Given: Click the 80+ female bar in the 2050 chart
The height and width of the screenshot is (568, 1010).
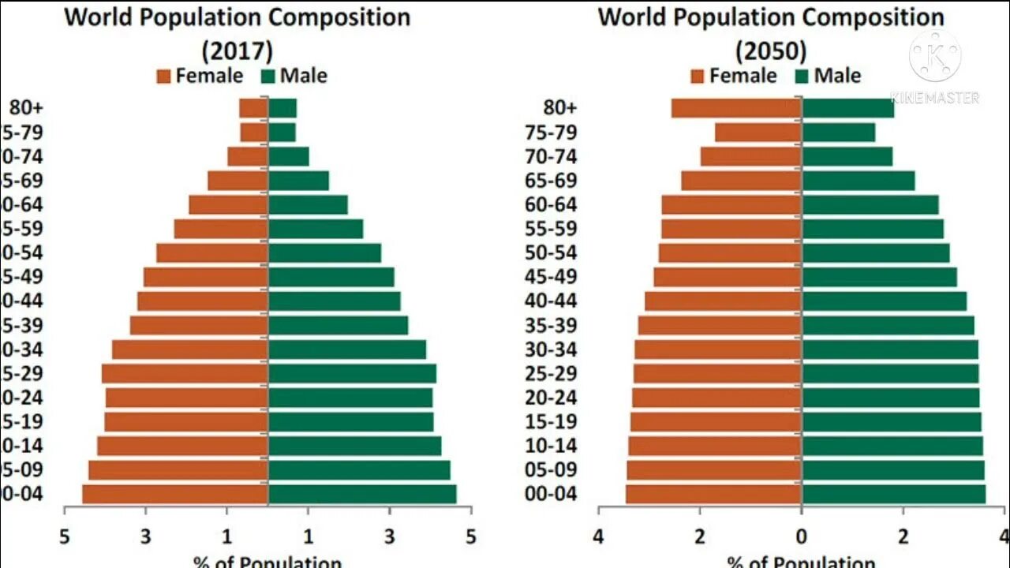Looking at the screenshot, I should tap(736, 108).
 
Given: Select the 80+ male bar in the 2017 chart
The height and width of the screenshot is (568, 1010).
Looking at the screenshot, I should tap(282, 108).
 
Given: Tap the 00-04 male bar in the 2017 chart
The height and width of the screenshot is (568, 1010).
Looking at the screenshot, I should tap(362, 495).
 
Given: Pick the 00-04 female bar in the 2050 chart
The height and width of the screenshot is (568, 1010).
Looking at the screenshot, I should tap(713, 495).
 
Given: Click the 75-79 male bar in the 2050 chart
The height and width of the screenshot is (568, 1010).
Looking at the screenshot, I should tap(838, 133).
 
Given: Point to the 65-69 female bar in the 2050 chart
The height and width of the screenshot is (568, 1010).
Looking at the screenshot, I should tap(741, 181).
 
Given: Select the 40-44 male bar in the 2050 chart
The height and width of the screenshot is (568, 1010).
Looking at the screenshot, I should tap(884, 301).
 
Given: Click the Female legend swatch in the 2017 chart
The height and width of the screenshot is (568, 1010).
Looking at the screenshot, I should tap(164, 77).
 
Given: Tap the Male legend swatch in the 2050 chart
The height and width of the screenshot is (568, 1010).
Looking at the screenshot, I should tap(802, 77).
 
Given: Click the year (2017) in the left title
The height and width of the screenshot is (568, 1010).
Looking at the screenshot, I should tap(238, 51).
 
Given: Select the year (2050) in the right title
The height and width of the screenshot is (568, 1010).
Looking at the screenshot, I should tap(771, 51).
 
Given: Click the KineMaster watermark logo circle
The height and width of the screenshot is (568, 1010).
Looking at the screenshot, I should tap(935, 56).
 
